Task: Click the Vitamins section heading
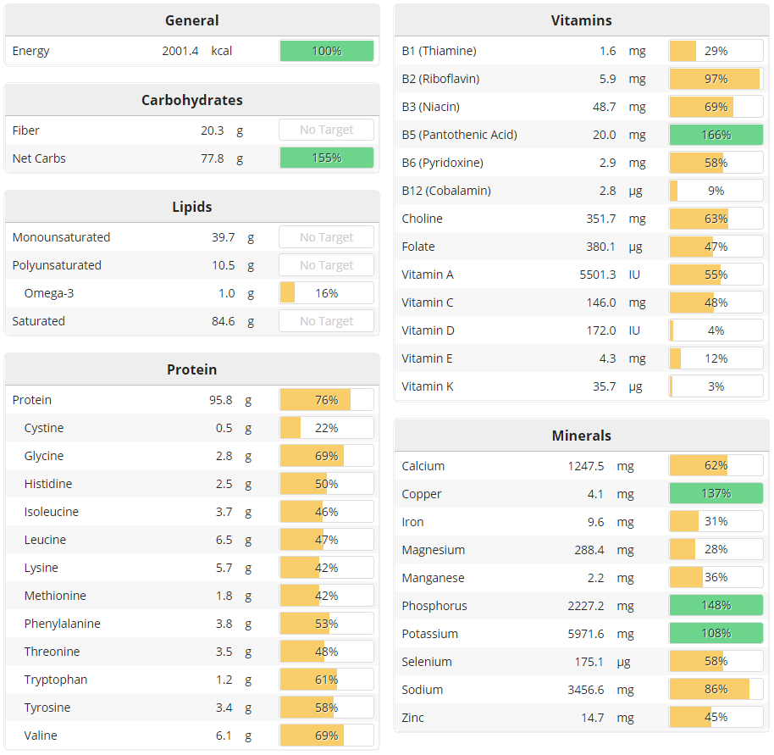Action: (581, 20)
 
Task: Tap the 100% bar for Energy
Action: (326, 51)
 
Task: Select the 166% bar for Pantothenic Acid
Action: (716, 135)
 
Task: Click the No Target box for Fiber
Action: (326, 130)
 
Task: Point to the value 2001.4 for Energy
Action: (180, 51)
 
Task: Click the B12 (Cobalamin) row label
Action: (446, 191)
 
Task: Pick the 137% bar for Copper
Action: (716, 494)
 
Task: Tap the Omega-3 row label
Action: (49, 293)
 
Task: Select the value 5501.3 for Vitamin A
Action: (596, 275)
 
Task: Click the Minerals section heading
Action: (581, 436)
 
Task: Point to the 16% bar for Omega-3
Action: (326, 293)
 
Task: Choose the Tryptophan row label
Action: (56, 680)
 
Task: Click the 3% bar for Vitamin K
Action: (716, 386)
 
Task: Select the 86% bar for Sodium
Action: (716, 690)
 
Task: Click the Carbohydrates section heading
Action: (192, 100)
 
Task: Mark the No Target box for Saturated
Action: (326, 321)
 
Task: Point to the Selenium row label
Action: (427, 662)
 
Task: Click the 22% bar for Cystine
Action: (326, 428)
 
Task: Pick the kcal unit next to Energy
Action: (222, 51)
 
